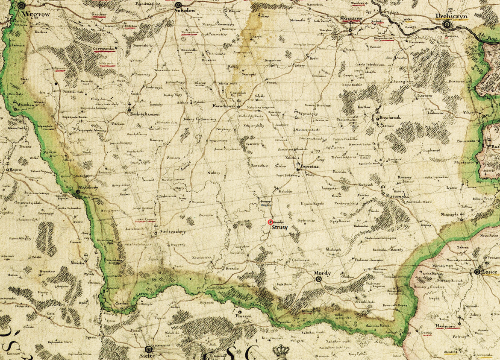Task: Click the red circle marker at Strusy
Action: point(270,222)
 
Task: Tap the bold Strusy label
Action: point(280,228)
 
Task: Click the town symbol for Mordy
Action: point(318,279)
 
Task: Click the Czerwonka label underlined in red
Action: point(104,49)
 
